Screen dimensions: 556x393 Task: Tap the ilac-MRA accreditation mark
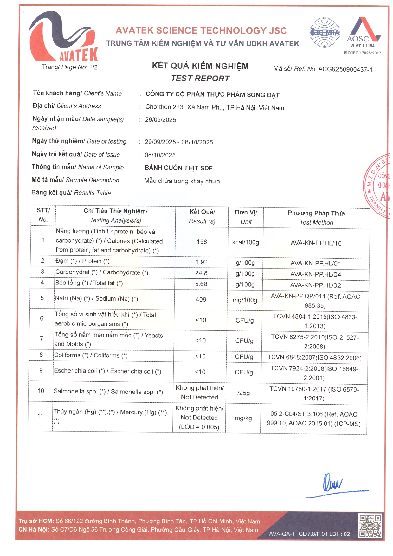[325, 33]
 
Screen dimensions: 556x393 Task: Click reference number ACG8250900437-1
[345, 69]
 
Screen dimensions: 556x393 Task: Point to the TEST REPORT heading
[200, 79]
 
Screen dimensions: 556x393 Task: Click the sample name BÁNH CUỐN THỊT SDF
[178, 168]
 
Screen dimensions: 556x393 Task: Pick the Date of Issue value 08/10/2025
[160, 155]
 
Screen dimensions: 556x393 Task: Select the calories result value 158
[202, 242]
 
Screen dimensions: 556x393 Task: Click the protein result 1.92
[201, 262]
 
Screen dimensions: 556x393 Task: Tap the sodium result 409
[201, 299]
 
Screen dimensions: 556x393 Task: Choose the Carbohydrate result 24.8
[201, 273]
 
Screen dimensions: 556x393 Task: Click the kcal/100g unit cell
[246, 242]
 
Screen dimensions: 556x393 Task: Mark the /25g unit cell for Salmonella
[243, 393]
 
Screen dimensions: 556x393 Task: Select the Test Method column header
[316, 218]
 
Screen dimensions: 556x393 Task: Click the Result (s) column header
[202, 216]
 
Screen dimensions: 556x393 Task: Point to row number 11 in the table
[40, 416]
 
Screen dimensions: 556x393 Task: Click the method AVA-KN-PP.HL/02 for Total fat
[315, 285]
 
